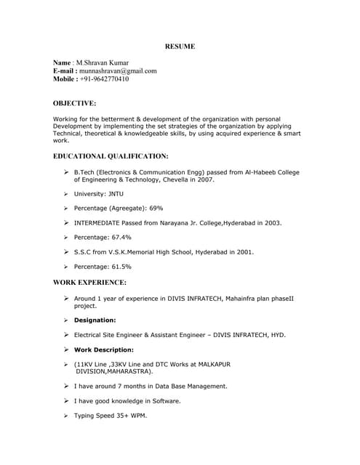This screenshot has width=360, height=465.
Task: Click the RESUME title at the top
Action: [180, 46]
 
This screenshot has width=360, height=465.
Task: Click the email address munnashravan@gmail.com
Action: [118, 71]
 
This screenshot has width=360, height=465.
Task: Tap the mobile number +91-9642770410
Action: [105, 79]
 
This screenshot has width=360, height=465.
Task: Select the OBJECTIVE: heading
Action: [74, 104]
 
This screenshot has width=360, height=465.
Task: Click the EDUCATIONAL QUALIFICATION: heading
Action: [111, 156]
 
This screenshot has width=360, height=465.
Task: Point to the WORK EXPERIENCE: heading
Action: [89, 282]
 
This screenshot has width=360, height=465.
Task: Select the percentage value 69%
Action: [156, 209]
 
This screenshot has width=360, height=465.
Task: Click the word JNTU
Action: [116, 194]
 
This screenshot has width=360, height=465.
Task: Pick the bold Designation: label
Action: [95, 320]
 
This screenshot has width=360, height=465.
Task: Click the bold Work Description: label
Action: [103, 349]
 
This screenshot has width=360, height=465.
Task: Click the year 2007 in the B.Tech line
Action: [205, 179]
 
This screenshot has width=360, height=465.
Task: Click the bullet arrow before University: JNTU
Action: [65, 194]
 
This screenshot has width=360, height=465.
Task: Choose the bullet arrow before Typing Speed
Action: [65, 416]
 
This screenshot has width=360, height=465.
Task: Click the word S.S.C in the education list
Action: [84, 252]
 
